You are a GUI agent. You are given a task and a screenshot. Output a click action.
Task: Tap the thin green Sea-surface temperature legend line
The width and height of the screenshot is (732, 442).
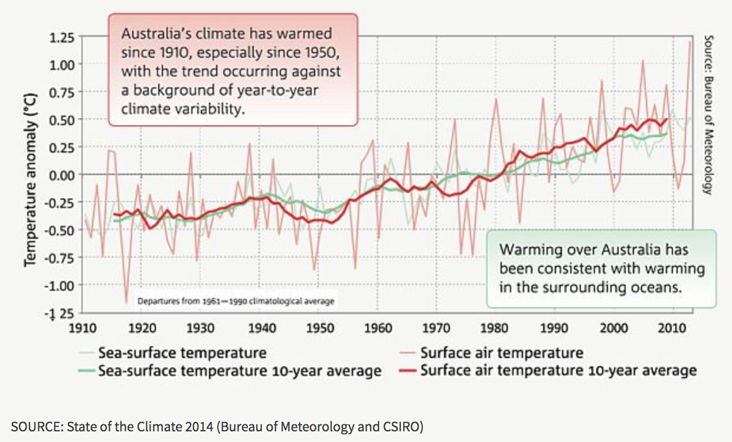click(87, 353)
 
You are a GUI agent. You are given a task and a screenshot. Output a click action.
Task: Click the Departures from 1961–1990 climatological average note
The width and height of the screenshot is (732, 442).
click(236, 301)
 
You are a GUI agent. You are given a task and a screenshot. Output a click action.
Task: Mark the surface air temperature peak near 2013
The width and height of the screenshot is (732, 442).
click(689, 41)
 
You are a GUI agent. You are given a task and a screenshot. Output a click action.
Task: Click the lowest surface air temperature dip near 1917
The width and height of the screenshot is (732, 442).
click(126, 302)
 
